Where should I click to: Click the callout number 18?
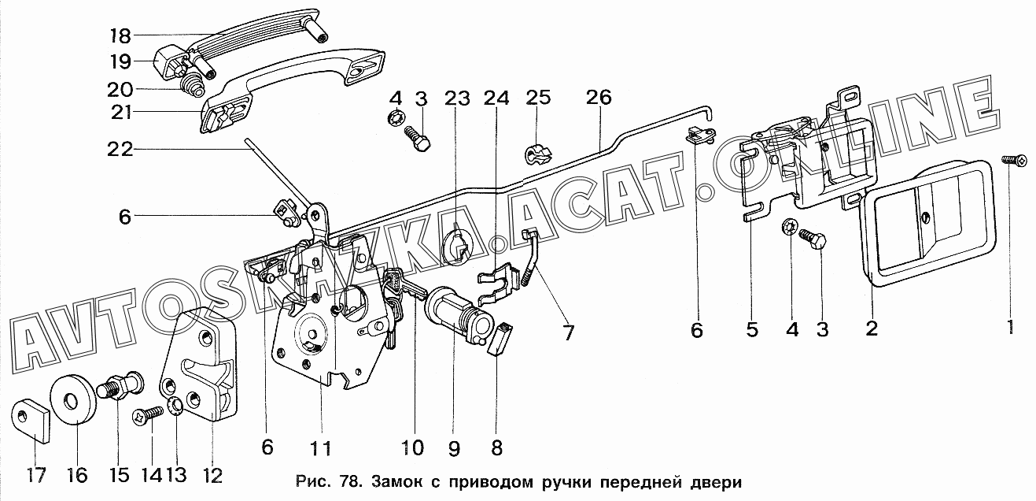[x=121, y=35]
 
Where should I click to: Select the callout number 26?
[x=599, y=97]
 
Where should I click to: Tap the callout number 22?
[x=120, y=149]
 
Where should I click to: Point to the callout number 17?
[x=36, y=474]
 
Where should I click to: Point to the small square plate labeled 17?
[x=31, y=420]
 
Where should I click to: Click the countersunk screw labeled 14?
[x=149, y=414]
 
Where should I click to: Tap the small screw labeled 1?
[x=1016, y=160]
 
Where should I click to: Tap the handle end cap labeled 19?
[x=167, y=62]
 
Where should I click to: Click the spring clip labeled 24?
[x=500, y=283]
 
